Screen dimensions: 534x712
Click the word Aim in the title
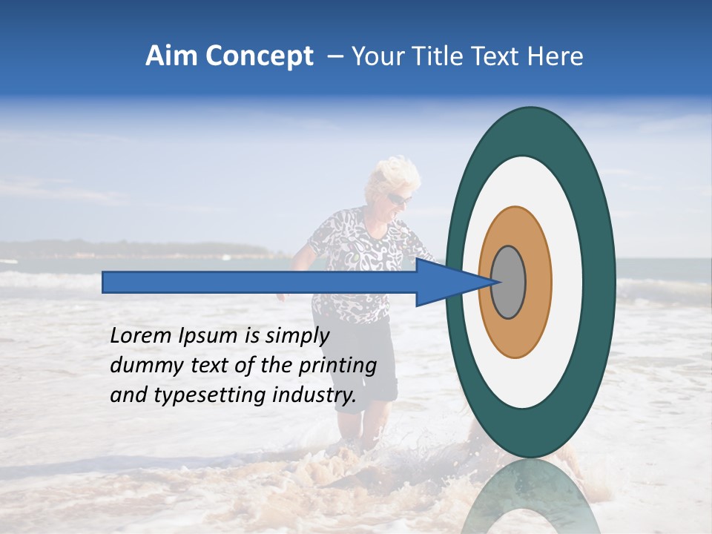pyautogui.click(x=171, y=56)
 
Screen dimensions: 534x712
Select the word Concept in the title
pyautogui.click(x=258, y=56)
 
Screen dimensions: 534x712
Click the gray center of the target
pyautogui.click(x=509, y=282)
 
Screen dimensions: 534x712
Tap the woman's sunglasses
pyautogui.click(x=399, y=199)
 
